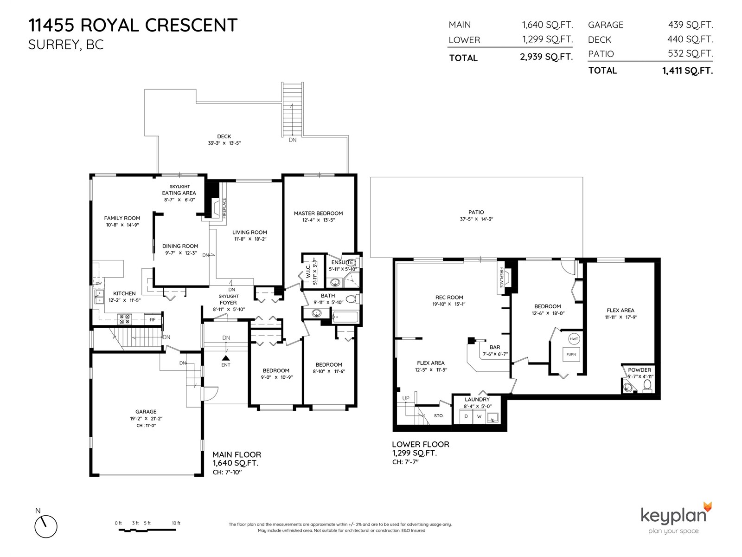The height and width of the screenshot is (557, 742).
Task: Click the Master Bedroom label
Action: tap(318, 214)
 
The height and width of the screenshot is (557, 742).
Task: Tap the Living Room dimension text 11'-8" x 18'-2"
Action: tap(250, 239)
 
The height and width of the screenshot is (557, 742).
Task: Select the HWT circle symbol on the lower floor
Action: tap(574, 339)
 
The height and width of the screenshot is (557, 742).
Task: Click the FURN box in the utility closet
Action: tap(571, 355)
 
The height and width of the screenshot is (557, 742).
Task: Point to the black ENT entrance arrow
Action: tap(226, 358)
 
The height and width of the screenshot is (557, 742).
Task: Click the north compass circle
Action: tap(46, 526)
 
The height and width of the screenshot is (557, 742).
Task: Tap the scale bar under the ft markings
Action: tap(147, 530)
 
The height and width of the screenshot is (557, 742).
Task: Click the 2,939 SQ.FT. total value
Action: tap(546, 57)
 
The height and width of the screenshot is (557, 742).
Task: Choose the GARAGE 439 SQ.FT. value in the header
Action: tap(690, 25)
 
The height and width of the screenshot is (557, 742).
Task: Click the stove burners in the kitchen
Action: tap(124, 319)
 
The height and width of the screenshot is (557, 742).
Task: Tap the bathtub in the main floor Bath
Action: tap(345, 317)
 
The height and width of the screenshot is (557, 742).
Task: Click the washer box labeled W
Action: tap(479, 417)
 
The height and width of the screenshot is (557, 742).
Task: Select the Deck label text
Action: tap(224, 136)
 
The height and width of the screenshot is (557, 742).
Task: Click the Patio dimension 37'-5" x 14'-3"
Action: tap(476, 219)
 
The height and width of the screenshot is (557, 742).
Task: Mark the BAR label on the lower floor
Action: tap(494, 347)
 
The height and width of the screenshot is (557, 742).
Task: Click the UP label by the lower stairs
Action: tap(406, 398)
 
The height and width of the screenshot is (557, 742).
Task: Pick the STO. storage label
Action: tap(438, 415)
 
